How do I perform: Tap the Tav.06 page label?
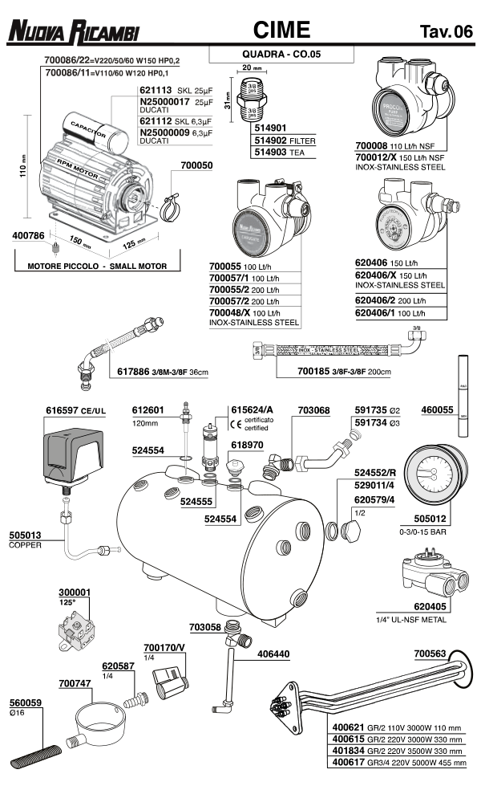[x=446, y=32]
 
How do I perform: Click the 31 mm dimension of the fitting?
[x=227, y=104]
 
